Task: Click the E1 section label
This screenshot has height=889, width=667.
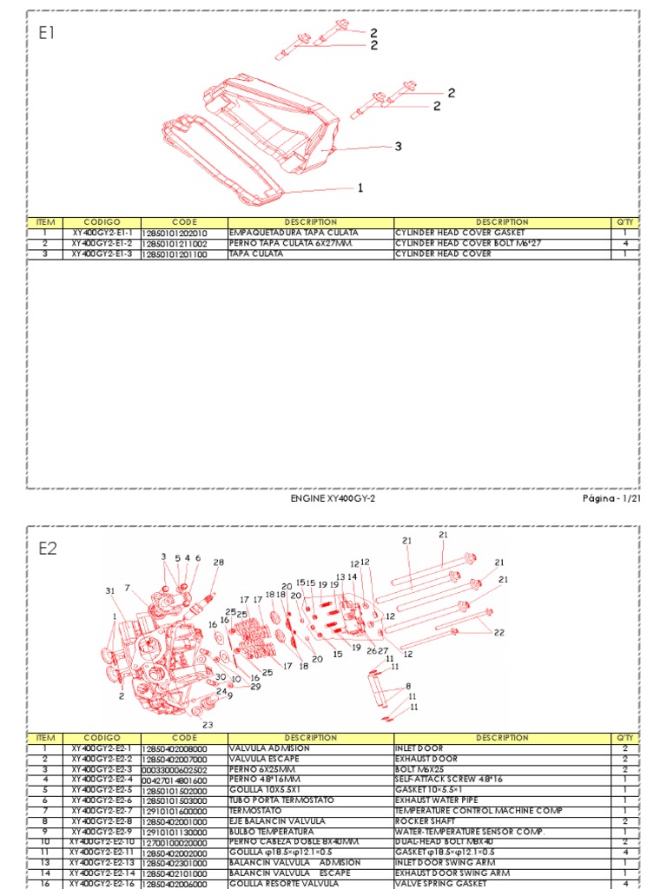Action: [x=47, y=34]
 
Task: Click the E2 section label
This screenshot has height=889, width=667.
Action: [x=48, y=548]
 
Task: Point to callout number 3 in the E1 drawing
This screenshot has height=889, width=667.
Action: [x=398, y=147]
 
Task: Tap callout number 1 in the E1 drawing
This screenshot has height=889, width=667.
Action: [x=360, y=188]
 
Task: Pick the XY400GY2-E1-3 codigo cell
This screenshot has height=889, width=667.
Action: [x=102, y=254]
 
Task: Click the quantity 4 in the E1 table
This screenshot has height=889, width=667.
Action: [x=625, y=244]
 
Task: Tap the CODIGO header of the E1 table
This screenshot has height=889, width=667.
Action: [x=102, y=222]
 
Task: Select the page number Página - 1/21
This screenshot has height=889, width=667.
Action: [x=611, y=500]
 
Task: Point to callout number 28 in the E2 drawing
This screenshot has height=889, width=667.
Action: [x=218, y=562]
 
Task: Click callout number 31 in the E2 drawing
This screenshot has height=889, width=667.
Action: [x=110, y=591]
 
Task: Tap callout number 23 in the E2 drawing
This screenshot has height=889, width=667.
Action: [x=208, y=724]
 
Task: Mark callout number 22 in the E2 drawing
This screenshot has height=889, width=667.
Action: [x=499, y=633]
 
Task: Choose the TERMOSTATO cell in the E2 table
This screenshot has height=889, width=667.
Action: [x=256, y=810]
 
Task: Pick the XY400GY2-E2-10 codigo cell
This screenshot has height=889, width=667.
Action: [x=102, y=841]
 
